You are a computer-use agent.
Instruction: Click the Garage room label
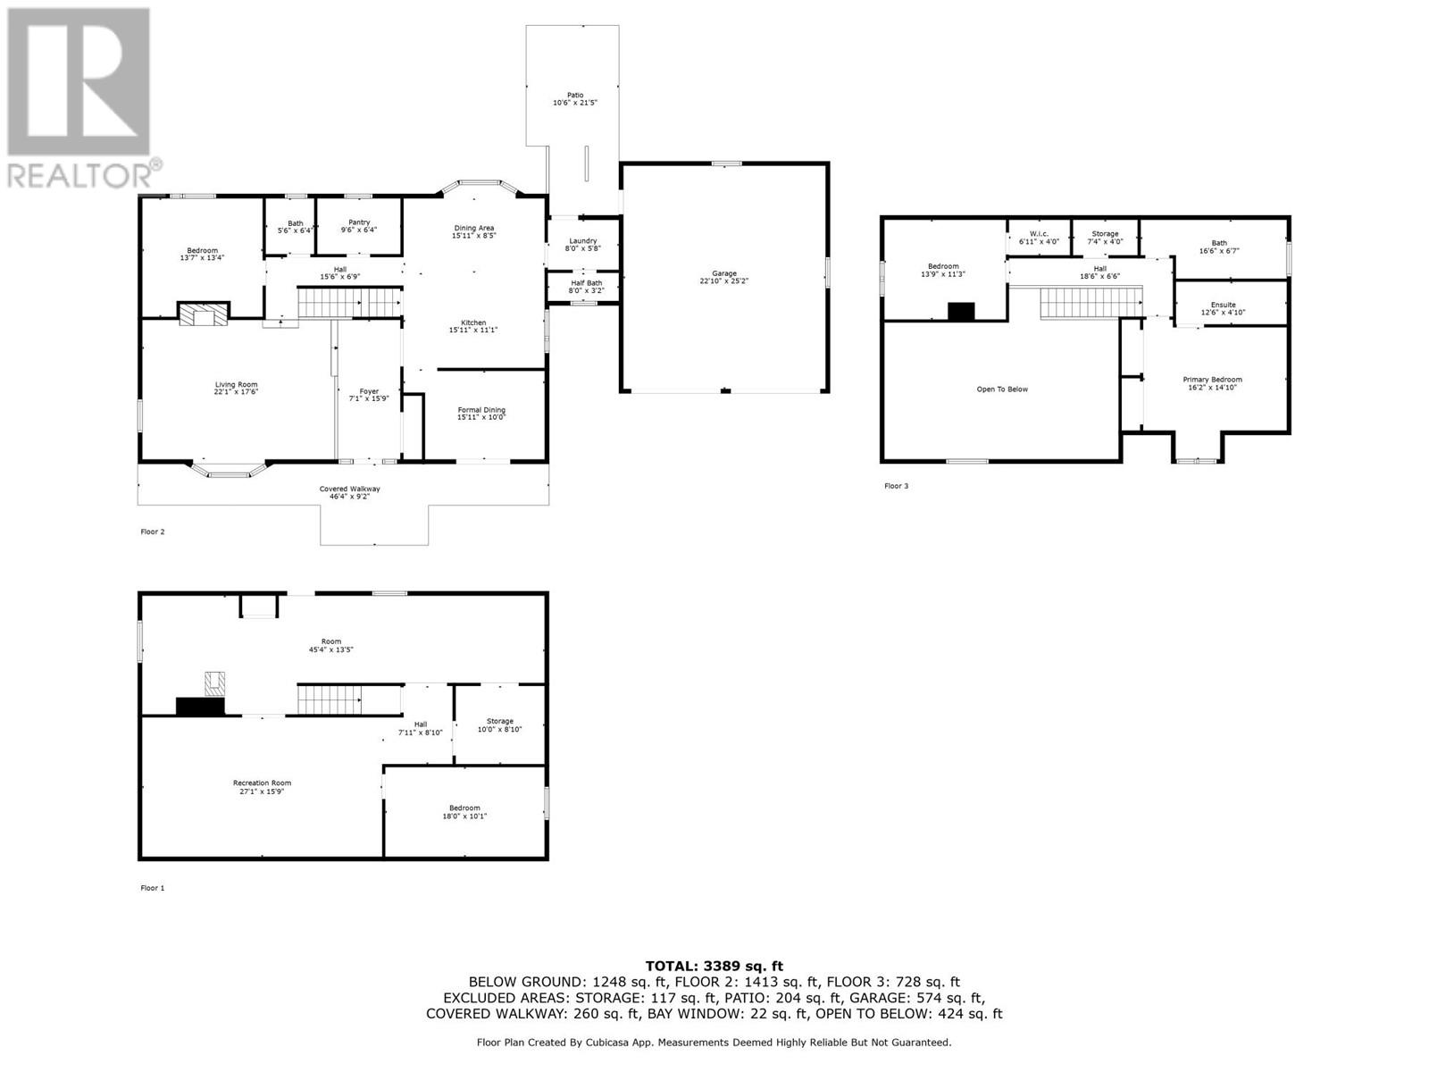(x=723, y=276)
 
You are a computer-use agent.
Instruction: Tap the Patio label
(x=575, y=98)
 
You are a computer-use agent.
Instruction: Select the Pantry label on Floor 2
(x=359, y=225)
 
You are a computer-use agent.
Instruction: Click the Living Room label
(x=236, y=388)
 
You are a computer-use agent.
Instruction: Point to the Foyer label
(x=369, y=394)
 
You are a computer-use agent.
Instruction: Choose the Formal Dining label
(x=481, y=413)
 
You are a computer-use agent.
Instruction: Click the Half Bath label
(x=586, y=286)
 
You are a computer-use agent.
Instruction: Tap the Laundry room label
(x=582, y=244)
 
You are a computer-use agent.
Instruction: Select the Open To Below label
(x=1002, y=389)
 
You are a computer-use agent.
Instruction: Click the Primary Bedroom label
(x=1212, y=383)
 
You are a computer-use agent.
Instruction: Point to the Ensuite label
(x=1223, y=308)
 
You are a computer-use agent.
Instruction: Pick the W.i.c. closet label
(x=1039, y=237)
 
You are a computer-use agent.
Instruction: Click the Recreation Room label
(x=262, y=786)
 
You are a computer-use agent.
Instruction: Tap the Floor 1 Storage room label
(x=499, y=724)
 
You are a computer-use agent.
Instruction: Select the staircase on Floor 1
(x=330, y=699)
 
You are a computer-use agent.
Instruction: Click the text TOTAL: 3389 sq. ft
(x=714, y=966)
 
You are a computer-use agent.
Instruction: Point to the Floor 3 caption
(x=896, y=486)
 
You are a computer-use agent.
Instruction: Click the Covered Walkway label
(x=349, y=492)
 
